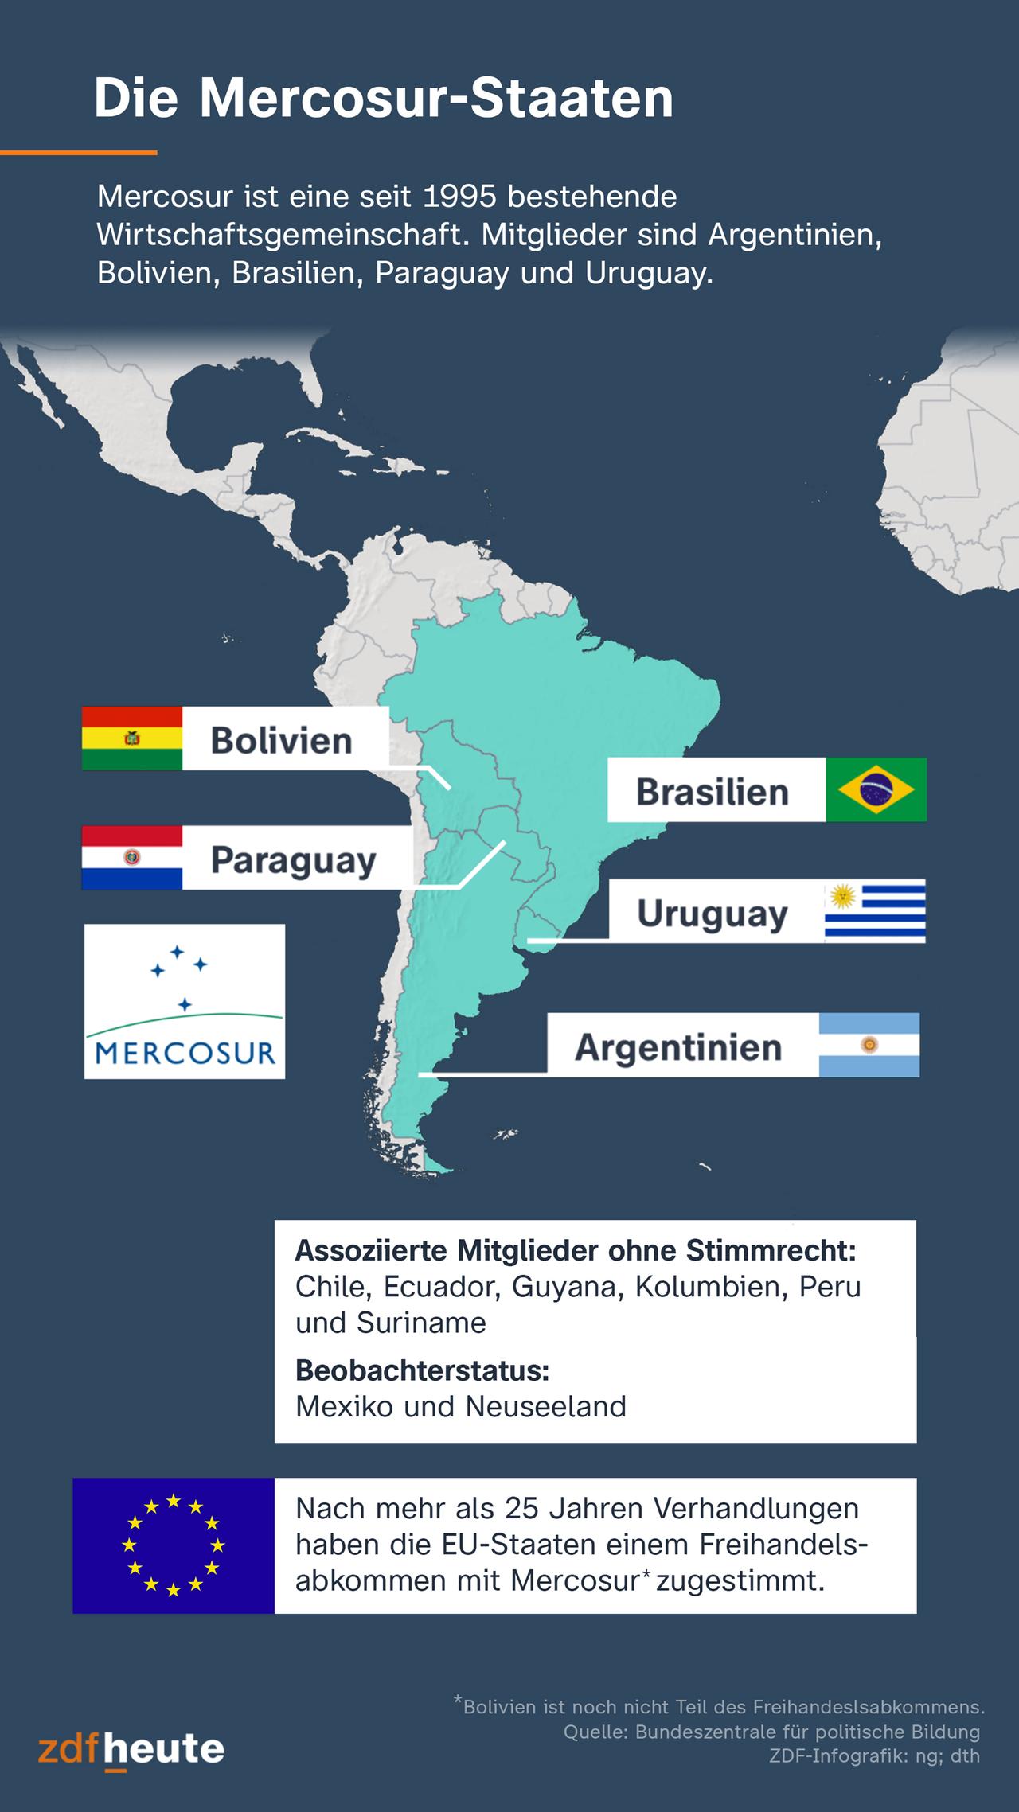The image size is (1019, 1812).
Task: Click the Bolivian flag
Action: tap(132, 738)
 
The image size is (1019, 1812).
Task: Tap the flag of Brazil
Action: tap(876, 789)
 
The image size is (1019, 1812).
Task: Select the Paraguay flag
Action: tap(132, 857)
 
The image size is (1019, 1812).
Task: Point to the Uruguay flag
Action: tap(875, 911)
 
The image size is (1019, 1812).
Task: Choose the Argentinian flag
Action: tap(869, 1045)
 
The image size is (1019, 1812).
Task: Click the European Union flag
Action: tap(174, 1545)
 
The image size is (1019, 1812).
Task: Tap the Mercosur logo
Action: tap(185, 1001)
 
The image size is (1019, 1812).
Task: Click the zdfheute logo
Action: tap(131, 1748)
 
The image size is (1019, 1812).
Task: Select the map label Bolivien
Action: tap(281, 740)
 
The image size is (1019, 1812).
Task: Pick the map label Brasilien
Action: tap(713, 792)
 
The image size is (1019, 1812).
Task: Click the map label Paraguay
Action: tap(293, 860)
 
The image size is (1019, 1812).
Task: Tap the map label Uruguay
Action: tap(713, 914)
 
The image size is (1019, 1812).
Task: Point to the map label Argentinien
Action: tap(678, 1047)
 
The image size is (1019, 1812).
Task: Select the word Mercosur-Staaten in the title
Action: tap(436, 99)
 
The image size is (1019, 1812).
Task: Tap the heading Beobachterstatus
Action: tap(423, 1370)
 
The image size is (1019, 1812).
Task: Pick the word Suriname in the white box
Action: tap(421, 1323)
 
